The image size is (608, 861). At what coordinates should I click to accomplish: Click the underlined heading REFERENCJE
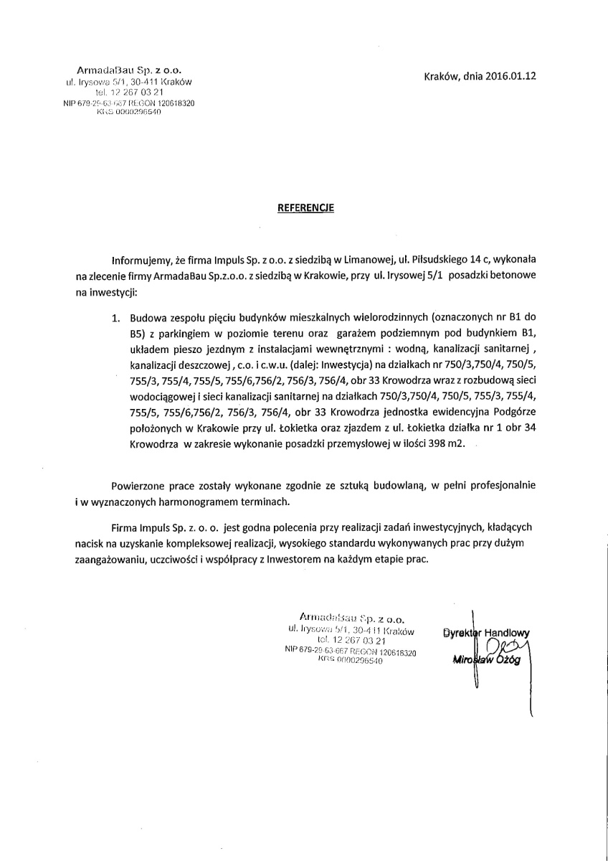point(305,208)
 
